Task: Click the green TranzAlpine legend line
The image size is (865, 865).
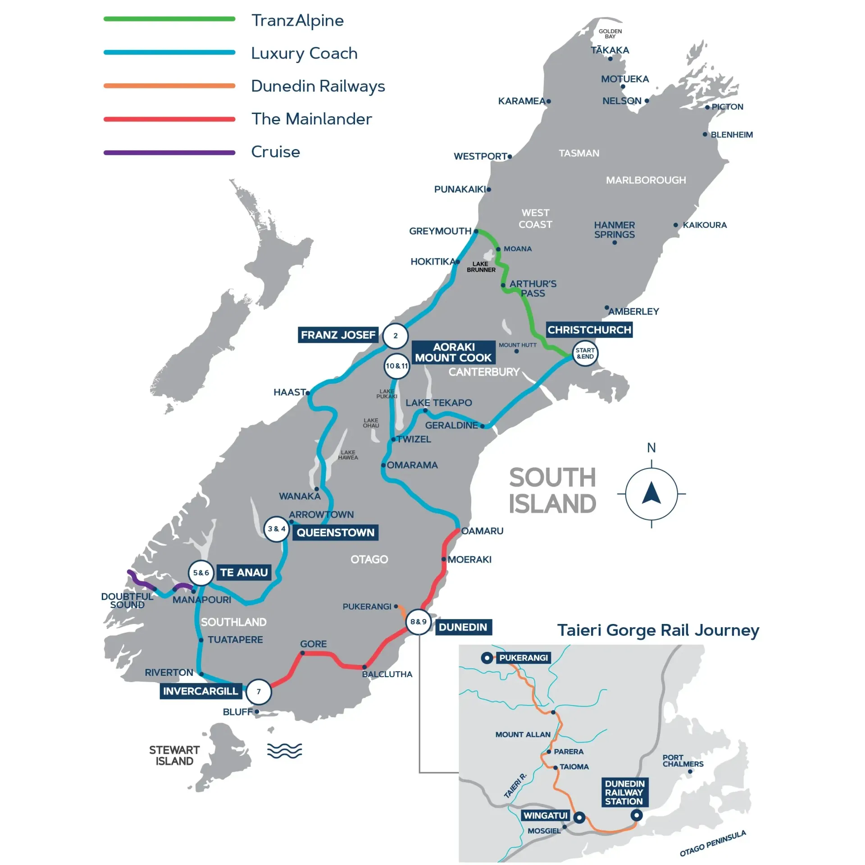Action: pyautogui.click(x=169, y=19)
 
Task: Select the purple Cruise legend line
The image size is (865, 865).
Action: pyautogui.click(x=169, y=153)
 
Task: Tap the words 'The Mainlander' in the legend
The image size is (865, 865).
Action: pyautogui.click(x=311, y=119)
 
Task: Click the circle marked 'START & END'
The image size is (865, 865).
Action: pyautogui.click(x=585, y=354)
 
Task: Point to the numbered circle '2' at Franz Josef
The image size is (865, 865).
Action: pyautogui.click(x=395, y=336)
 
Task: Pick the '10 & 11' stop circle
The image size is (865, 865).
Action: pyautogui.click(x=396, y=366)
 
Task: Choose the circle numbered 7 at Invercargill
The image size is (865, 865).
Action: pyautogui.click(x=259, y=692)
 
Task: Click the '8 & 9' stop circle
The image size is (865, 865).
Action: pyautogui.click(x=418, y=622)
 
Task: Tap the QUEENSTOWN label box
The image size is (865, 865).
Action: pyautogui.click(x=335, y=533)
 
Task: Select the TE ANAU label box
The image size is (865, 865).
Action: pyautogui.click(x=244, y=573)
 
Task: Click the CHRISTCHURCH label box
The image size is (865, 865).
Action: pyautogui.click(x=589, y=330)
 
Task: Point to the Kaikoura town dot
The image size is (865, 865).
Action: pyautogui.click(x=675, y=225)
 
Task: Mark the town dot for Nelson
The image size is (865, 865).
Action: pyautogui.click(x=646, y=101)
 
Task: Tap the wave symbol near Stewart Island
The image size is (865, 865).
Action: pyautogui.click(x=284, y=751)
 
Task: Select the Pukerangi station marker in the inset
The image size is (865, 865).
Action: pyautogui.click(x=487, y=658)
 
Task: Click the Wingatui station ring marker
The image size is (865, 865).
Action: pyautogui.click(x=579, y=817)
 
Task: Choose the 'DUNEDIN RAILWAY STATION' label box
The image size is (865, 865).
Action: pyautogui.click(x=624, y=792)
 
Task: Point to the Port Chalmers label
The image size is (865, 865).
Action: pyautogui.click(x=683, y=761)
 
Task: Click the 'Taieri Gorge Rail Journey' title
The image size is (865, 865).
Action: pyautogui.click(x=658, y=630)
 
